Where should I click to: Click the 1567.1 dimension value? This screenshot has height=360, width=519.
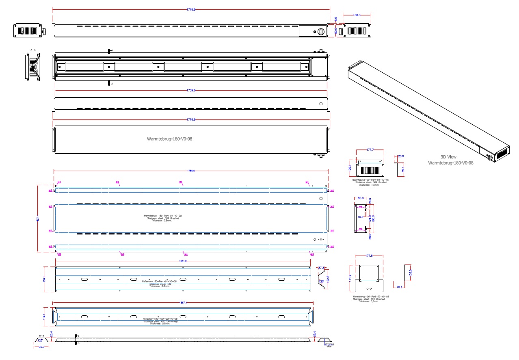pos(183,303)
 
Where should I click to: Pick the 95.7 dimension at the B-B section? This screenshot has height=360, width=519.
pos(41,347)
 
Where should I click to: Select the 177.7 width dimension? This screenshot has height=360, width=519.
pos(370,150)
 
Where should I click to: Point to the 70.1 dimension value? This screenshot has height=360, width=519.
pos(399,287)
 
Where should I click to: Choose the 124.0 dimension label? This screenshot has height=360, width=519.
pos(369,219)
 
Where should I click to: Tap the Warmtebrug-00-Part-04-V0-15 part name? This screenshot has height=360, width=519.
pos(370,180)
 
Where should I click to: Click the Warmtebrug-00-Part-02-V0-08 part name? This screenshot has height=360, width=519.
pos(370,297)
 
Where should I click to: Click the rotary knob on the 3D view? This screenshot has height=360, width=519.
pos(490,157)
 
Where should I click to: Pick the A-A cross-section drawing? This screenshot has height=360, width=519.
pos(32,67)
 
